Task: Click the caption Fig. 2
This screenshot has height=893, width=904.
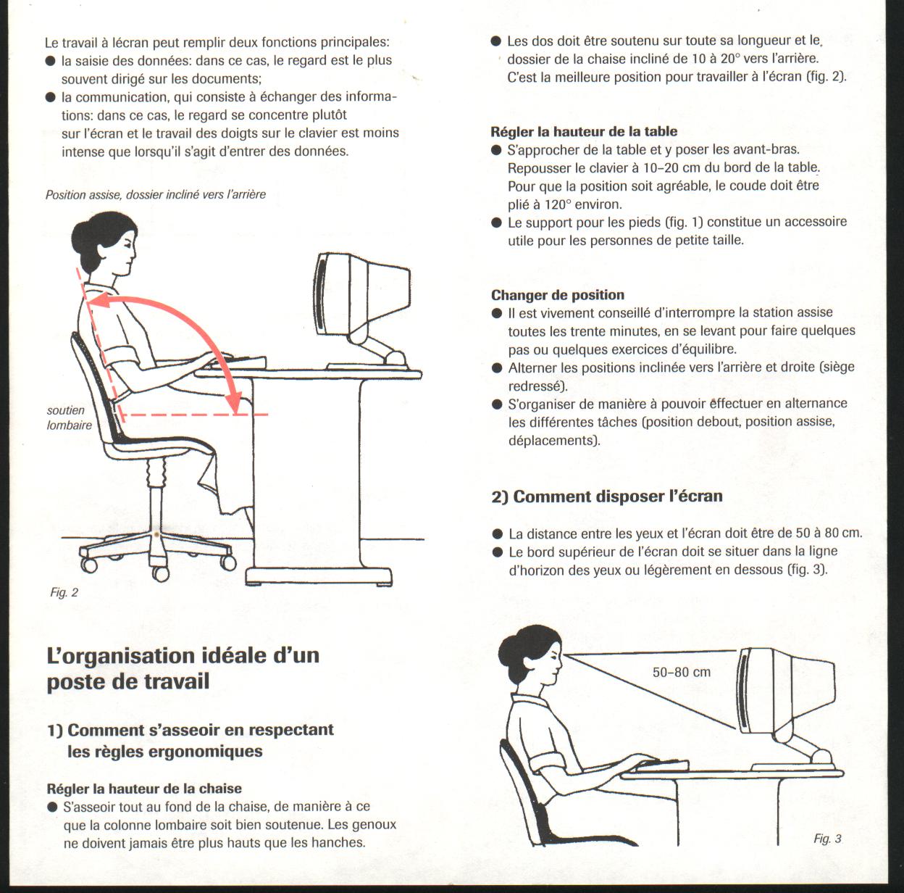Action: click(64, 592)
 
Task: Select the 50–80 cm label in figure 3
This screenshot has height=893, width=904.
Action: click(682, 673)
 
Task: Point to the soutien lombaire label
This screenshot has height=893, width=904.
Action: click(69, 418)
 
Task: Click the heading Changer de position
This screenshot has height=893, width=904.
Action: click(558, 295)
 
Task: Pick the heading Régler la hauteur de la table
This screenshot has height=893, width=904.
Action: click(584, 131)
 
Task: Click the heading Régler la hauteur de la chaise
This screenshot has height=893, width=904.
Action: click(144, 789)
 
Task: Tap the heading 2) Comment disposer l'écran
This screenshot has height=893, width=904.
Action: click(607, 497)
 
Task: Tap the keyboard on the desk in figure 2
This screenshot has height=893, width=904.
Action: click(238, 362)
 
